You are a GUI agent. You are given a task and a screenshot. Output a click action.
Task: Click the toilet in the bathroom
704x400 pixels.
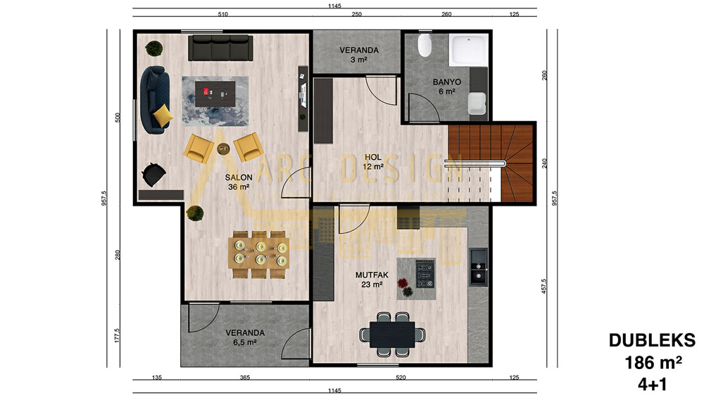point(425,45)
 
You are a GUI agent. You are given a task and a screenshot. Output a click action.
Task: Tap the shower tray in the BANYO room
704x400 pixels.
point(468,50)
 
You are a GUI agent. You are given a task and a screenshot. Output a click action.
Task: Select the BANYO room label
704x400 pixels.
point(447,82)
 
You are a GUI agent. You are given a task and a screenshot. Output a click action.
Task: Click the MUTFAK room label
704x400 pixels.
point(372,275)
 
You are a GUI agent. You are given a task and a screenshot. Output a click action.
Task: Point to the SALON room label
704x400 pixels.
point(239,177)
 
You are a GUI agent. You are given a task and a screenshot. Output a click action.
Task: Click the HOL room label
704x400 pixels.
point(373,157)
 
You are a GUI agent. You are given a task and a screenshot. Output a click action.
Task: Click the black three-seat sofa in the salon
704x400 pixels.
point(220,48)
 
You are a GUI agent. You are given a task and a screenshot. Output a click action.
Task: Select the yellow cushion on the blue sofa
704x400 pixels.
point(163,115)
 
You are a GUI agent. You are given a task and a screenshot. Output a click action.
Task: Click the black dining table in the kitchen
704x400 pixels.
point(392,335)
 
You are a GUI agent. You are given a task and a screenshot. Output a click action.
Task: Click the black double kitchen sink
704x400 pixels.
point(478,267)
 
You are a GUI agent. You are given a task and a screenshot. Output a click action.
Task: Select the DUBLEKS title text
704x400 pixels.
point(652,340)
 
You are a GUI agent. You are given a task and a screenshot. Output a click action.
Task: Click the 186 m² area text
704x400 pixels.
point(653,362)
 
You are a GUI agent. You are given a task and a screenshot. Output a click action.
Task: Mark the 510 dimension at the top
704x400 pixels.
point(222,14)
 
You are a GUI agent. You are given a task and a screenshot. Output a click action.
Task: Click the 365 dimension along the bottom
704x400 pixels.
point(245,377)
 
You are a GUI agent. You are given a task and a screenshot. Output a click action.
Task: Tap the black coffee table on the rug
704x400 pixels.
point(215,94)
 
